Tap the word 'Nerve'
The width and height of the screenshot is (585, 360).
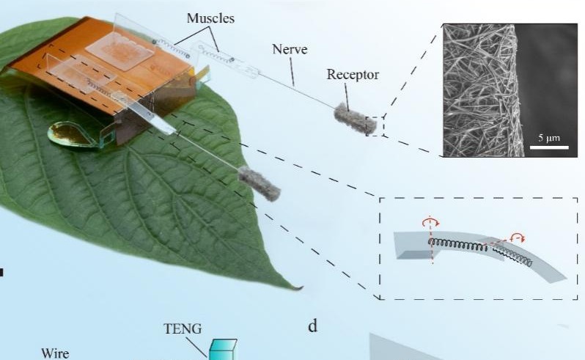tap(289, 49)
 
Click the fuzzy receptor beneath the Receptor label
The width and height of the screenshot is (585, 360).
tap(355, 119)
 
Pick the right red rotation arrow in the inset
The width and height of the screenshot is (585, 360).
tap(517, 237)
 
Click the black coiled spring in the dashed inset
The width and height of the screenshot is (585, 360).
tap(469, 245)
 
